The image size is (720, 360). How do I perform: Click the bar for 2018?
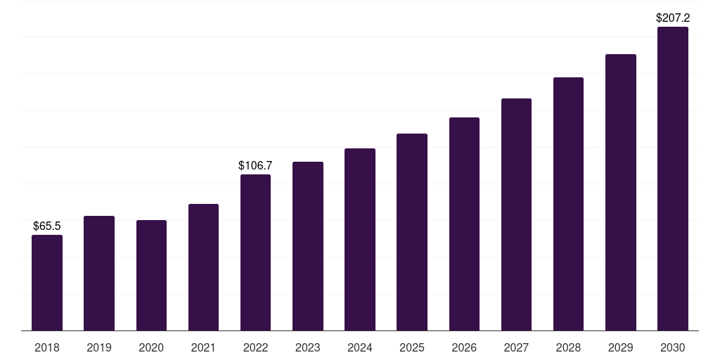click(x=47, y=283)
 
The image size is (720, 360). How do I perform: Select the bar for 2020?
click(x=152, y=276)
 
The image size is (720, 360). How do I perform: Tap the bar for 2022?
click(x=255, y=252)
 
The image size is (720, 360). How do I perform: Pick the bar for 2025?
click(x=412, y=232)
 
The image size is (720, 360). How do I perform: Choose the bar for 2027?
click(x=516, y=214)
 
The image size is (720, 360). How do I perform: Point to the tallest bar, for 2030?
click(x=673, y=179)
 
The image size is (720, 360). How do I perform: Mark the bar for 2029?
click(x=621, y=193)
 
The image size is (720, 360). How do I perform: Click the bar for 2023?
click(x=308, y=246)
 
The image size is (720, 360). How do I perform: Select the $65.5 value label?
click(x=47, y=226)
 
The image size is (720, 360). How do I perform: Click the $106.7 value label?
click(x=255, y=165)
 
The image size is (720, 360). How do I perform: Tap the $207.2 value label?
click(x=673, y=18)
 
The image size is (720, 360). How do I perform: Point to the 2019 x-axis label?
click(x=99, y=347)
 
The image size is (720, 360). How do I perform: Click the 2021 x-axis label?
click(x=203, y=347)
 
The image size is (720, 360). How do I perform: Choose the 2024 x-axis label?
click(x=360, y=347)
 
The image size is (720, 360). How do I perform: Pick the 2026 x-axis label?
click(x=464, y=347)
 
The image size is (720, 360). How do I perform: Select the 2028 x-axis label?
click(x=568, y=347)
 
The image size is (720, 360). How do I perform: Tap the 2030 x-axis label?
click(x=673, y=347)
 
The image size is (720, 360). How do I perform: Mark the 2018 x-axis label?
click(x=47, y=347)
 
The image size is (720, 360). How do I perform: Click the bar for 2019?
click(x=99, y=274)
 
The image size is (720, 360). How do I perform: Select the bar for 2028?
click(x=568, y=204)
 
